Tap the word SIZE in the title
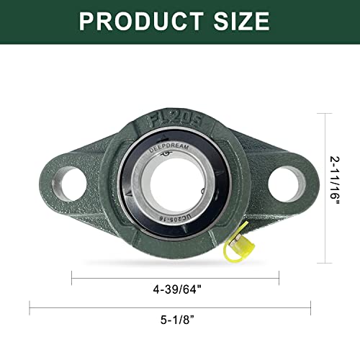244,21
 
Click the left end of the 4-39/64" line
72,274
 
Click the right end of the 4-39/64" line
279,274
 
